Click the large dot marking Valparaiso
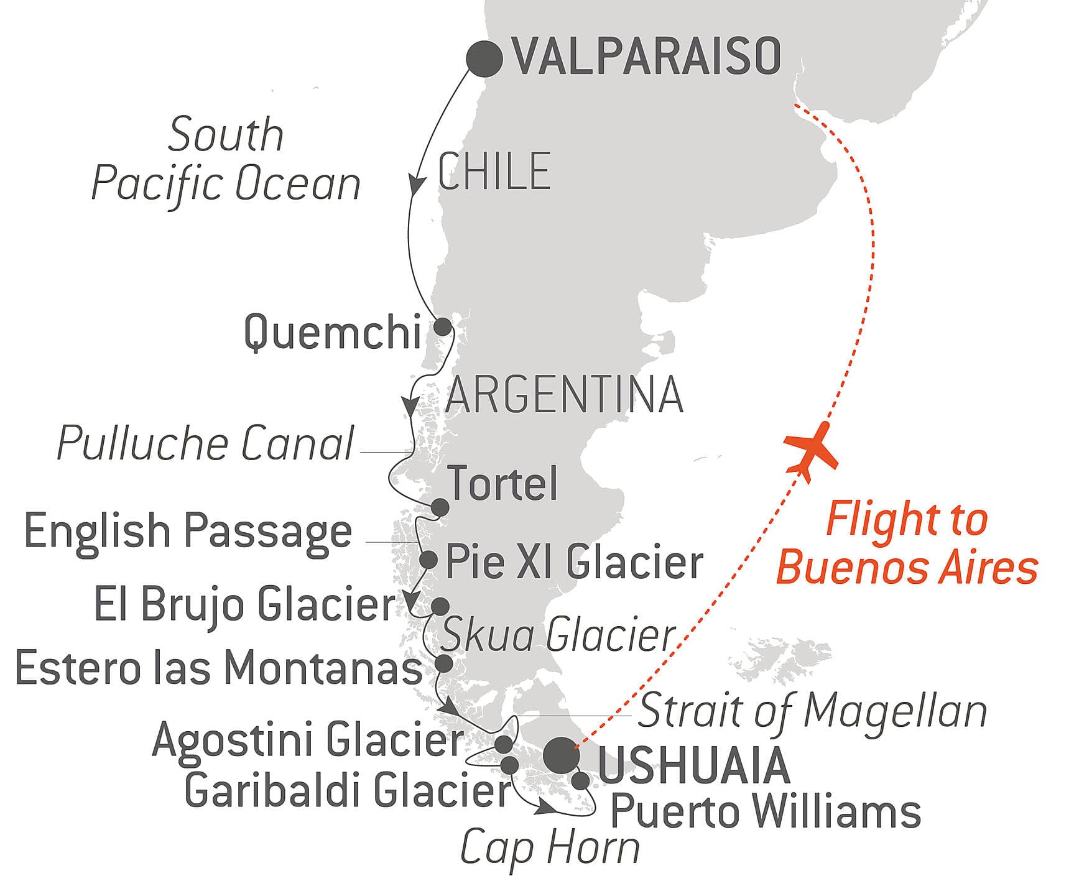[484, 59]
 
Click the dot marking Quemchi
[442, 327]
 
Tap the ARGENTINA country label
[564, 395]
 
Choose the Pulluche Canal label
[205, 444]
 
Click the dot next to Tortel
[440, 507]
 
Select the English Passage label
[188, 532]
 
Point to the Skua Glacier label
[558, 635]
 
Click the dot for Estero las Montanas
[444, 663]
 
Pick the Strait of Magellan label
[813, 711]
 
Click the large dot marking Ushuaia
[561, 755]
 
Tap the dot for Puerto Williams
[580, 781]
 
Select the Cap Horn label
[550, 847]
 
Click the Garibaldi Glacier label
[347, 791]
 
